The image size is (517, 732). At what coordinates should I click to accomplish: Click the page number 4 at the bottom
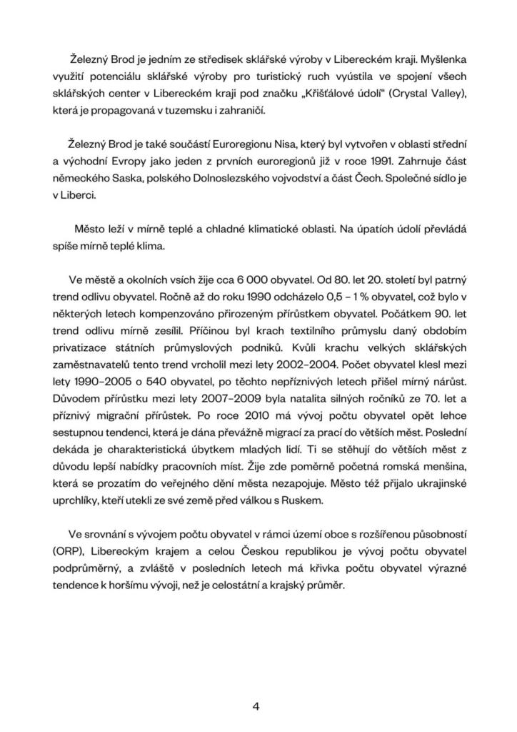coord(256,707)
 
